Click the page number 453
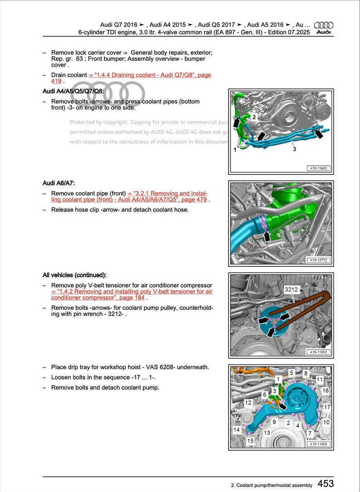(x=326, y=484)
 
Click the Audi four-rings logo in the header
(x=323, y=25)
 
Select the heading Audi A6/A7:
(x=58, y=183)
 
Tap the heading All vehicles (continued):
(x=74, y=275)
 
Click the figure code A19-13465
(x=319, y=168)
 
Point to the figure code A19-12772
(x=319, y=260)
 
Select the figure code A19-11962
(x=319, y=352)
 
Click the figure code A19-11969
(x=319, y=444)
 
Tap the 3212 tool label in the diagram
(x=291, y=289)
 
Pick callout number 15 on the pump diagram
(x=250, y=440)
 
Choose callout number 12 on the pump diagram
(x=248, y=402)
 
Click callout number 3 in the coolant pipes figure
(x=294, y=149)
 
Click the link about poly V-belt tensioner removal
(x=131, y=295)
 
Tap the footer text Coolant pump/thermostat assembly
(x=272, y=485)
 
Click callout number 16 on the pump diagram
(x=325, y=391)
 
